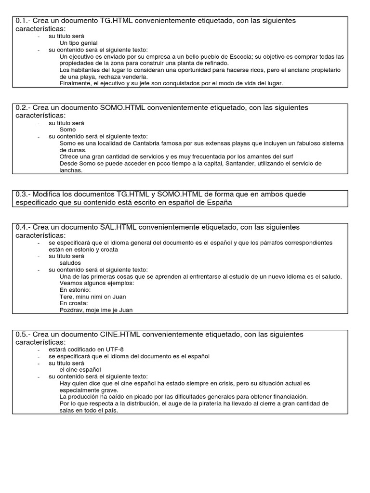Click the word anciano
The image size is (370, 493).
click(288, 70)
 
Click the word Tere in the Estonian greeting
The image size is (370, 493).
click(66, 297)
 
